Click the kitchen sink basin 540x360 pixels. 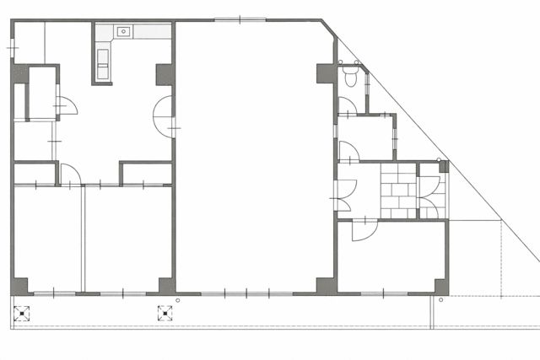(x=124, y=31)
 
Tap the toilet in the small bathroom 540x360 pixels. (x=352, y=77)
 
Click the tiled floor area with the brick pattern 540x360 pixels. (x=398, y=191)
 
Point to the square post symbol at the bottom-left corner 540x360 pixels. (x=21, y=314)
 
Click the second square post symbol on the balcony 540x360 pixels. (x=165, y=314)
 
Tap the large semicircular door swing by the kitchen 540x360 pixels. (x=163, y=116)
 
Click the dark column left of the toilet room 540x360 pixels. (x=325, y=73)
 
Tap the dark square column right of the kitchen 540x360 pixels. (x=164, y=73)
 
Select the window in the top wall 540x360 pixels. (x=240, y=19)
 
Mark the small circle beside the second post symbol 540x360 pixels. (x=177, y=300)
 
